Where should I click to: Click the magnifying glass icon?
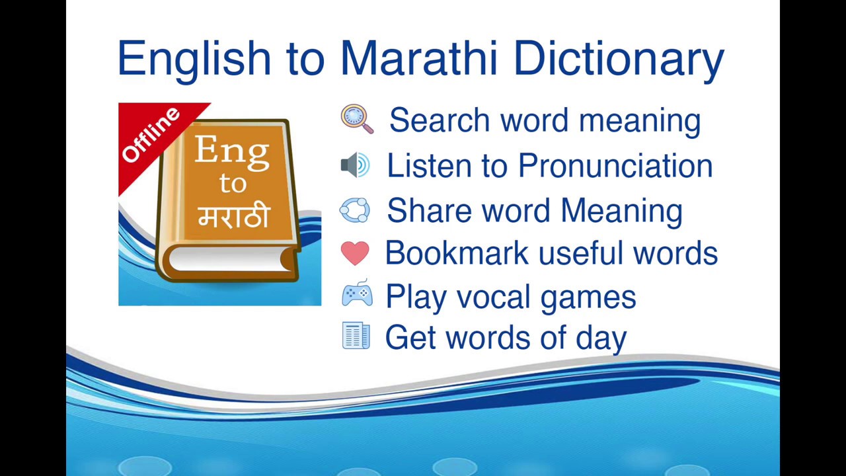(357, 119)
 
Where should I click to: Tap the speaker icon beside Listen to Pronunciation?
(355, 165)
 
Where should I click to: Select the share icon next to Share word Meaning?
(355, 210)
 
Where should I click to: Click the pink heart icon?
(355, 253)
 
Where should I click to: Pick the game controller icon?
(357, 294)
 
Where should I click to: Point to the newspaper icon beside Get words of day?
(356, 336)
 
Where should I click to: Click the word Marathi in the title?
(418, 58)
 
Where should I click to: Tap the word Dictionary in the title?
(619, 58)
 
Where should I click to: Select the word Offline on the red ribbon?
(151, 134)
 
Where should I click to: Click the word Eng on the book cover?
(232, 151)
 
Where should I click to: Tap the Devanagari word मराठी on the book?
(233, 216)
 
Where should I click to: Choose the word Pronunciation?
(615, 165)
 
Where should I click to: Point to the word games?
(588, 297)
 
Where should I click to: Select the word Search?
(440, 120)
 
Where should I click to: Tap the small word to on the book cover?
(233, 183)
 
